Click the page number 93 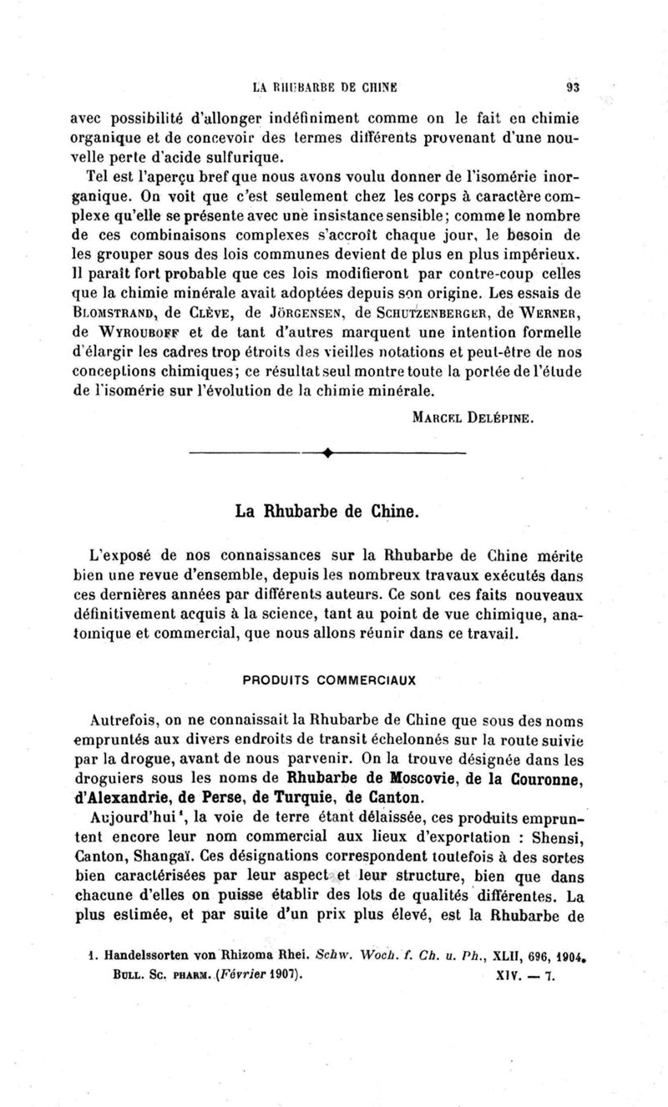[572, 85]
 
